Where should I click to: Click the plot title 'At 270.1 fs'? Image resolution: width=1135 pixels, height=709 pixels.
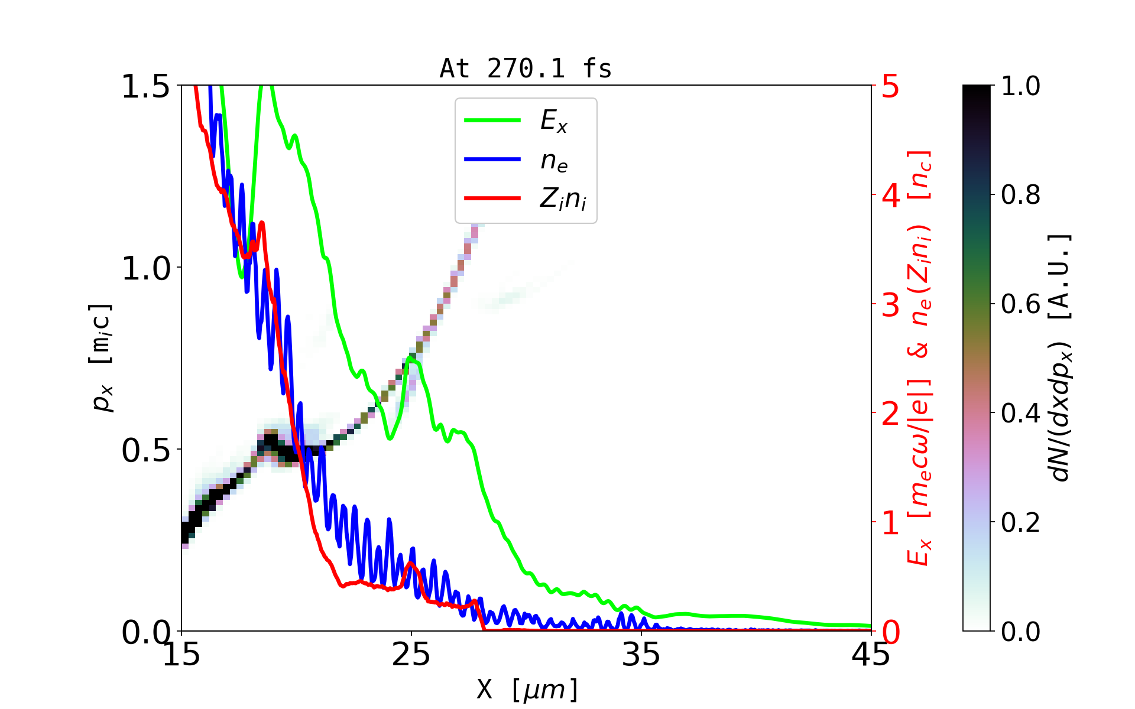coord(526,69)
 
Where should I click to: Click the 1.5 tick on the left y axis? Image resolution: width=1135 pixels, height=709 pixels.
coord(145,86)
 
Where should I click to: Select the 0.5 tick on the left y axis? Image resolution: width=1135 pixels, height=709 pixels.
coord(145,451)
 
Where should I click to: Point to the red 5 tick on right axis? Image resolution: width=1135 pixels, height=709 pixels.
coord(890,86)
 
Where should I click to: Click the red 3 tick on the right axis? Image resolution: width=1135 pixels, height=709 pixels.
coord(890,305)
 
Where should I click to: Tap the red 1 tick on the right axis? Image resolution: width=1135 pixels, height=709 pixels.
coord(890,523)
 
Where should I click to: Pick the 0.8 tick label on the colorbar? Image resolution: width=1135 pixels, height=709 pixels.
coord(1020,194)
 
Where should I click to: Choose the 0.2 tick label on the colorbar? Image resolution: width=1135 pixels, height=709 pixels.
coord(1020,522)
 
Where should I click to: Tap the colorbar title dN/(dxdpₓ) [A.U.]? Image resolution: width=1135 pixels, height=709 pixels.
coord(1061,357)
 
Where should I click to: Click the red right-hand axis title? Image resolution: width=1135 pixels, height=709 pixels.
coord(920,357)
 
